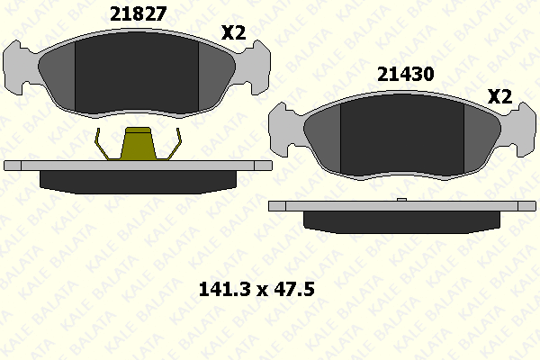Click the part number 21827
click(138, 14)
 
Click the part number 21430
click(405, 74)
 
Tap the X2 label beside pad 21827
click(233, 32)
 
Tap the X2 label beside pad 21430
click(500, 96)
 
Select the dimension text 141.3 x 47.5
click(256, 289)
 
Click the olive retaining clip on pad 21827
click(138, 144)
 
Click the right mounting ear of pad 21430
click(519, 130)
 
